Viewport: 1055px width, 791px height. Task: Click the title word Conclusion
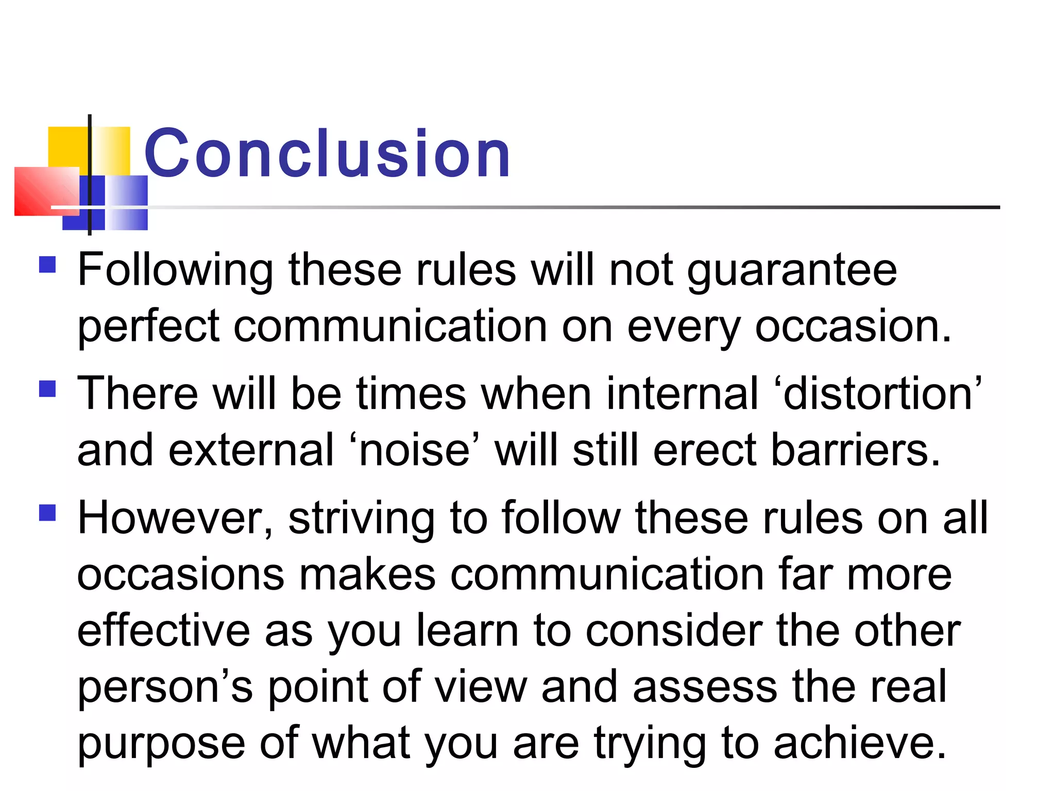(x=327, y=153)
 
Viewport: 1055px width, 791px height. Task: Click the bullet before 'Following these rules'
(x=47, y=265)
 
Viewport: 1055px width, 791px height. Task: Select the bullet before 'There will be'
(x=47, y=389)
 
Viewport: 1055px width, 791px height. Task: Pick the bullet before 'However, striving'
(x=47, y=513)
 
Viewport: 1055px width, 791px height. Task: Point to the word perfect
(x=148, y=328)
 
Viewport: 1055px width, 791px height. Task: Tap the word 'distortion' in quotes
(x=882, y=394)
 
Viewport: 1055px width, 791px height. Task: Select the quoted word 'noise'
(x=414, y=451)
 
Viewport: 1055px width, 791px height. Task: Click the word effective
(x=163, y=631)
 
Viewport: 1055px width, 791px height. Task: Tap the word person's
(x=165, y=688)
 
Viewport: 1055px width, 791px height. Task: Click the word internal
(x=682, y=394)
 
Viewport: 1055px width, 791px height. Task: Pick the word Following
(x=175, y=271)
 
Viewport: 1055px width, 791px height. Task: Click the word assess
(x=705, y=688)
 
